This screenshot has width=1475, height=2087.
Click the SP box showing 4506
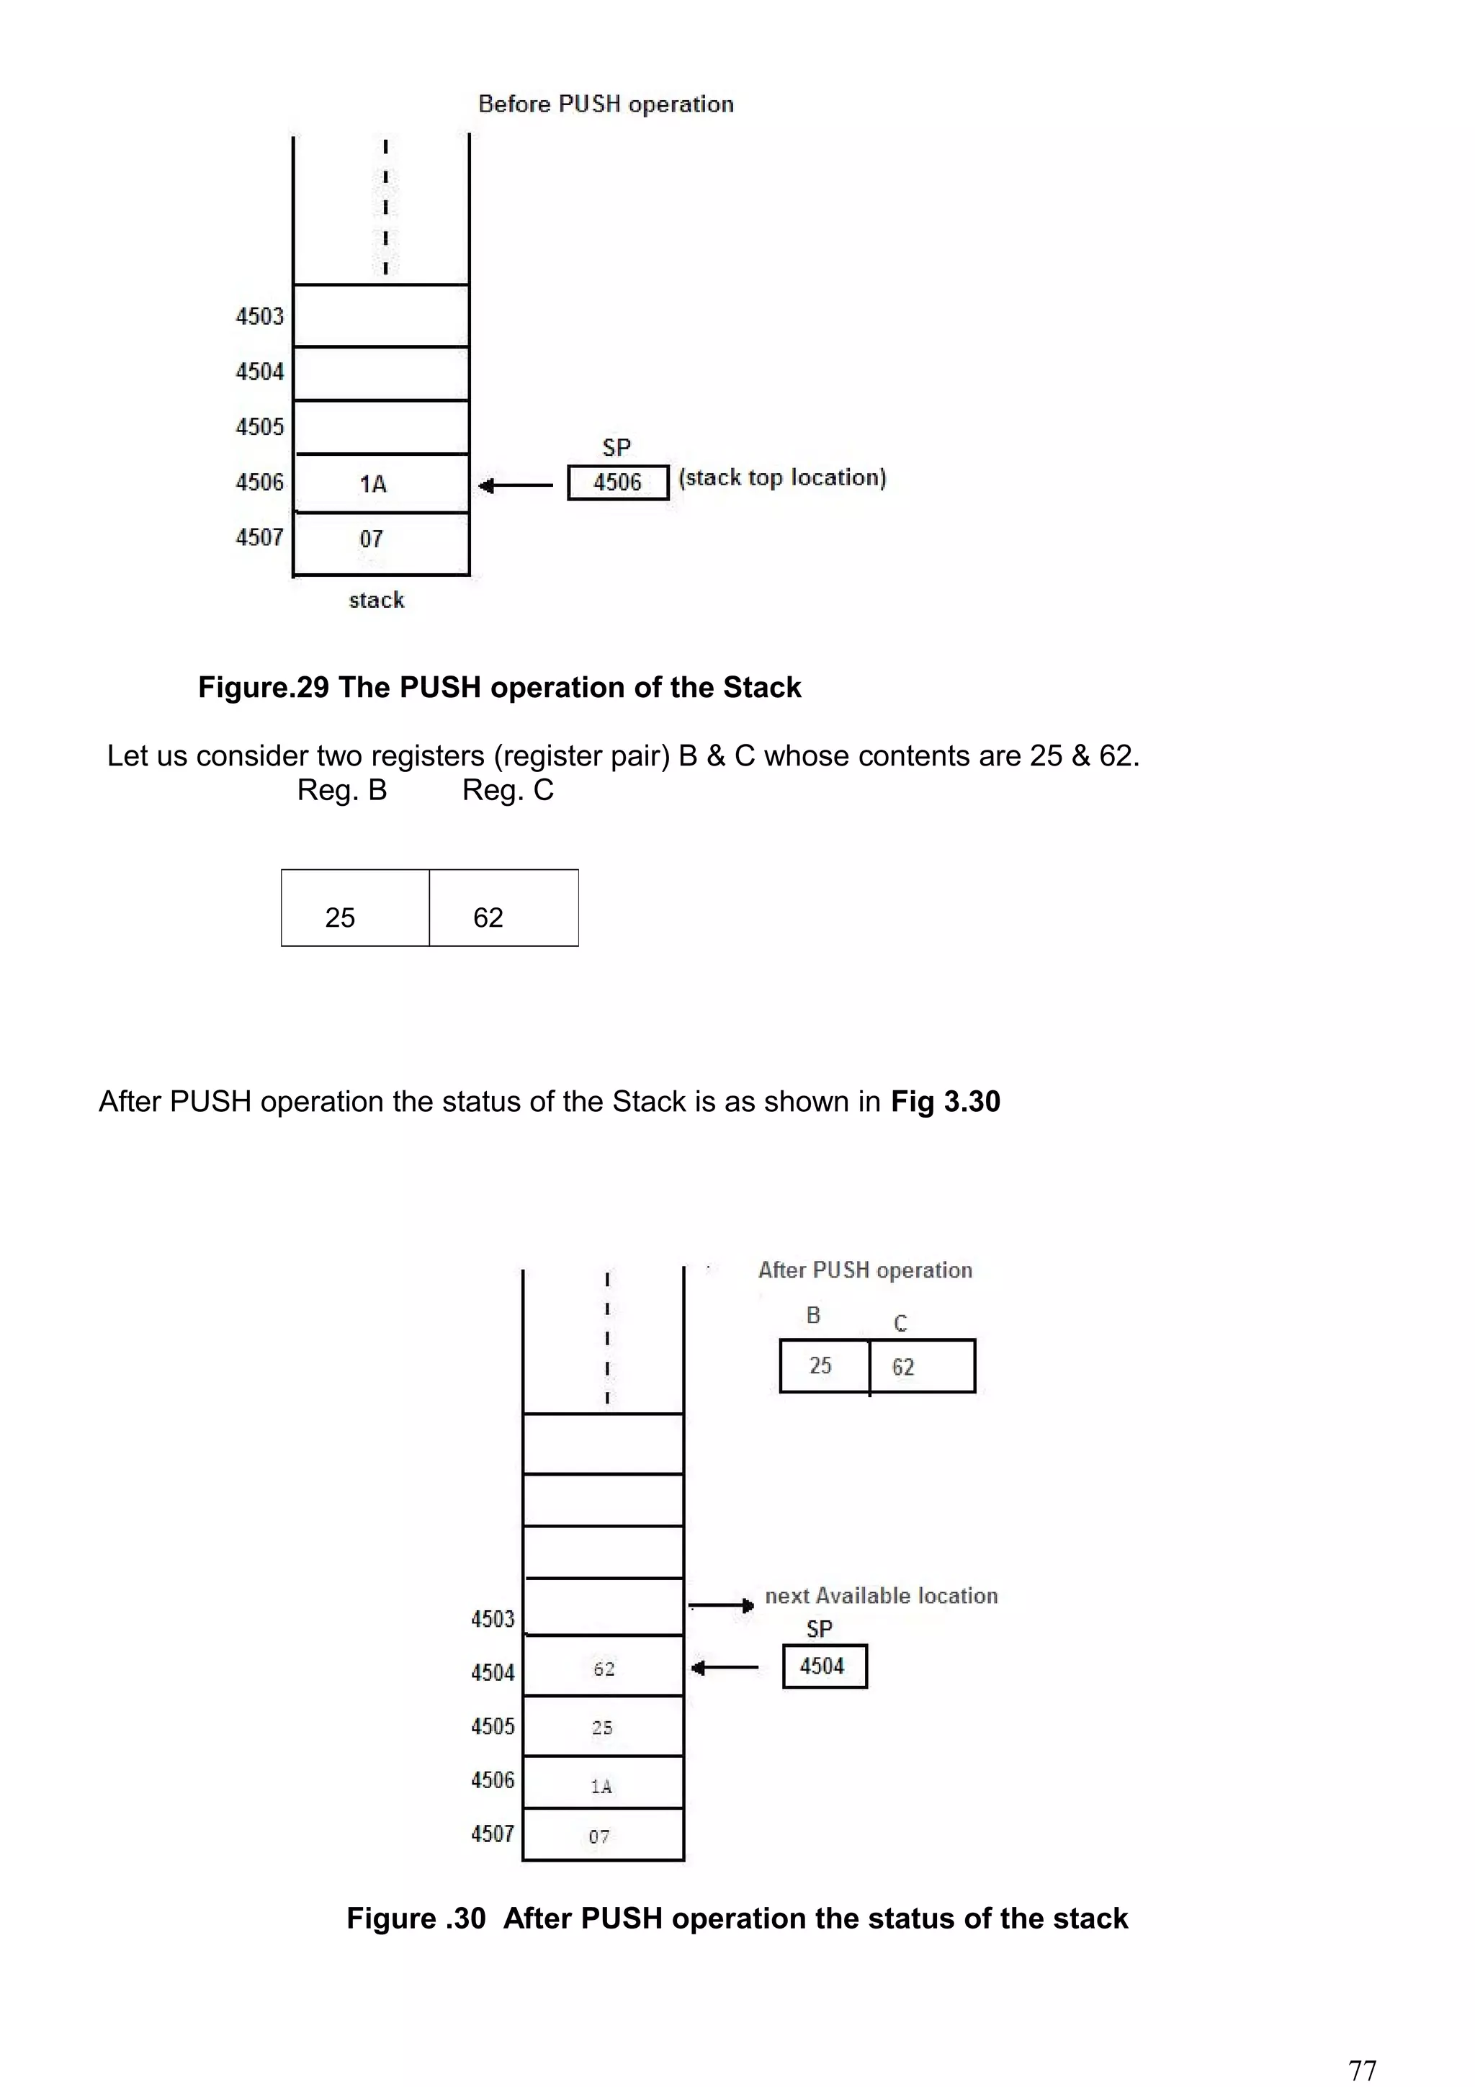[617, 483]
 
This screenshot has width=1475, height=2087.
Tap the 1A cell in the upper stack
[381, 483]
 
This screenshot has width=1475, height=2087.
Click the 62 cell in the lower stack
[604, 1668]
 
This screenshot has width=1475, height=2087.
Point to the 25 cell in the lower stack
[603, 1727]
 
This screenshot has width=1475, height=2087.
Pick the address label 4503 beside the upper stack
[260, 316]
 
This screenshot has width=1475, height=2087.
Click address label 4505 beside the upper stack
[260, 426]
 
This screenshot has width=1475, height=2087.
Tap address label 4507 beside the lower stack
[493, 1834]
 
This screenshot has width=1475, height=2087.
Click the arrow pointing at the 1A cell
[515, 485]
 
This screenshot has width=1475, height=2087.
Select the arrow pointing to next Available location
[721, 1606]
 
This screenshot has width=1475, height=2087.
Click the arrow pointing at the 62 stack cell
[725, 1667]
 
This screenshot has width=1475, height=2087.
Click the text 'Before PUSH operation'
[605, 104]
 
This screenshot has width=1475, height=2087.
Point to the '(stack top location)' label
[781, 478]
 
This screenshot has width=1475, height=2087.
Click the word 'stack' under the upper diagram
[376, 600]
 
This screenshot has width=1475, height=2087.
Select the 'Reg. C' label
[507, 790]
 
